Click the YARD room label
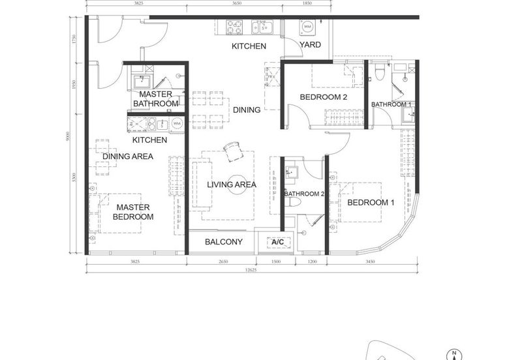pyautogui.click(x=311, y=45)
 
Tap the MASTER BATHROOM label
pyautogui.click(x=155, y=99)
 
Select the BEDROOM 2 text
pyautogui.click(x=323, y=98)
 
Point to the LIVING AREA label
pyautogui.click(x=232, y=185)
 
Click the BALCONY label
pyautogui.click(x=224, y=242)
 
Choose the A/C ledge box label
pyautogui.click(x=277, y=243)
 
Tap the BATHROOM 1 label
pyautogui.click(x=391, y=104)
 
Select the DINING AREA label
pyautogui.click(x=128, y=157)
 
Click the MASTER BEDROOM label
pyautogui.click(x=133, y=212)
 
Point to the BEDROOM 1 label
pyautogui.click(x=371, y=203)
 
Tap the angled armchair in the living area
pyautogui.click(x=232, y=151)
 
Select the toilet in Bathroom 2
pyautogui.click(x=295, y=202)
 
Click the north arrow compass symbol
pyautogui.click(x=453, y=353)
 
